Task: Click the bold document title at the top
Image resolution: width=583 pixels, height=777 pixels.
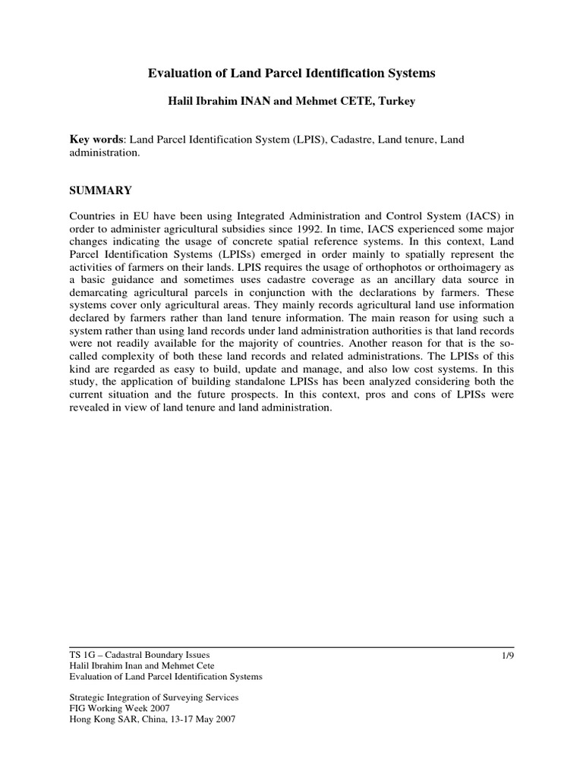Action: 291,74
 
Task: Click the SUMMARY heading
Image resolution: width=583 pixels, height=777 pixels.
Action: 101,190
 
